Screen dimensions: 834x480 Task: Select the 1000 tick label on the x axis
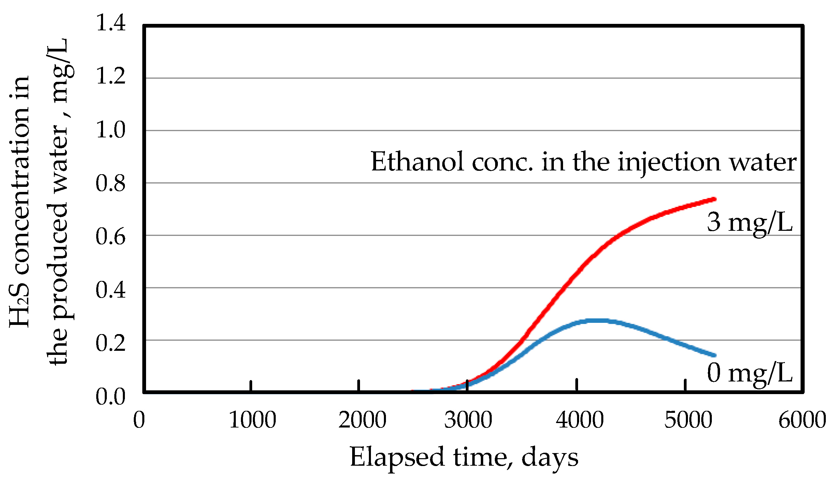tap(253, 420)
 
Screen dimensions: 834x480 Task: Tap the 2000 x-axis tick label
tap(362, 420)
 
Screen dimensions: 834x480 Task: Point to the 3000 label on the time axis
tap(468, 420)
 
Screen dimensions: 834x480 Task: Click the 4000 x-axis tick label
tap(580, 420)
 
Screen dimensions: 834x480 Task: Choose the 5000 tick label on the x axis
tap(688, 420)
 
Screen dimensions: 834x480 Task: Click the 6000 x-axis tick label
tap(802, 420)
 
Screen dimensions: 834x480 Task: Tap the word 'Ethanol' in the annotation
tap(417, 162)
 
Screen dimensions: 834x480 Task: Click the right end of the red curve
tap(715, 199)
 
